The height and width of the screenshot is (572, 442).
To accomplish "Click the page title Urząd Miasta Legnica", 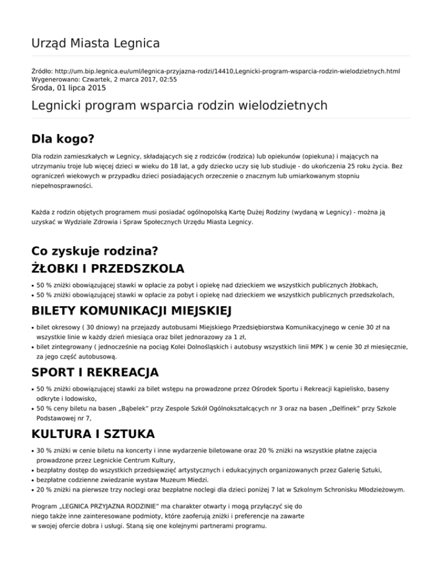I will [x=95, y=43].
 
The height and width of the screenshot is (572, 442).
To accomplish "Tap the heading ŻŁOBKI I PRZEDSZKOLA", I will [x=108, y=269].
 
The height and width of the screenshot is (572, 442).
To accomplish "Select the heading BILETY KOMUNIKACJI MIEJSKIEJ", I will [x=131, y=312].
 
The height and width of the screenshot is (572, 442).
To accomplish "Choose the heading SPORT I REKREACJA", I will [x=95, y=372].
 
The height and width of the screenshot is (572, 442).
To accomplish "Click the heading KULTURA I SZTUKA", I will [x=94, y=432].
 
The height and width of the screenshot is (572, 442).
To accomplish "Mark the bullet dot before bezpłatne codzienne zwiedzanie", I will [x=32, y=480].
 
